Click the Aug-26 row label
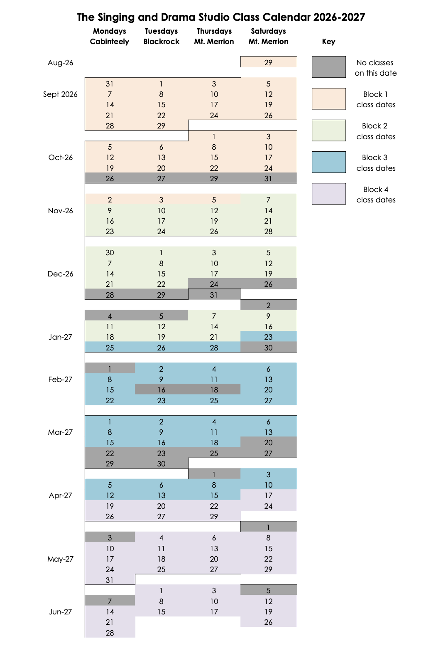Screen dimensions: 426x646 point(60,63)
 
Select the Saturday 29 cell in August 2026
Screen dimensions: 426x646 point(269,62)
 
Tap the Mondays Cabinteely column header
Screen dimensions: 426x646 point(110,36)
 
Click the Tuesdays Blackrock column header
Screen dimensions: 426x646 point(161,36)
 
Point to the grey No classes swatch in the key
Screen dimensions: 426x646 point(329,67)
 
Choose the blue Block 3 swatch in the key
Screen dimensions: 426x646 point(329,162)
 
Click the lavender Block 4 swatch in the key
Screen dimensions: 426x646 point(329,194)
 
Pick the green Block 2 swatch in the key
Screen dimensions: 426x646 point(329,131)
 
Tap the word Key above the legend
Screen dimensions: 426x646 point(329,42)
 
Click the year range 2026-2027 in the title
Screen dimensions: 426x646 point(339,17)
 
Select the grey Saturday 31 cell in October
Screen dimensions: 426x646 point(269,178)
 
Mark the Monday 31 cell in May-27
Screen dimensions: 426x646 point(110,579)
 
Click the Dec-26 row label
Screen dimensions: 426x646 point(60,274)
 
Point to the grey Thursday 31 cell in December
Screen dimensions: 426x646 point(214,294)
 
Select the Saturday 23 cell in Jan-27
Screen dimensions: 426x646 point(269,337)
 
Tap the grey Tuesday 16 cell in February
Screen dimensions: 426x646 point(161,390)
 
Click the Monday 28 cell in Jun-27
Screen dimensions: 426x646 point(110,633)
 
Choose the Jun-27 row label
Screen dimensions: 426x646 point(60,611)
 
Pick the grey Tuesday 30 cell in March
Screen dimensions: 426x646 point(161,464)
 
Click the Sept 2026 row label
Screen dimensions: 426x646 point(60,94)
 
